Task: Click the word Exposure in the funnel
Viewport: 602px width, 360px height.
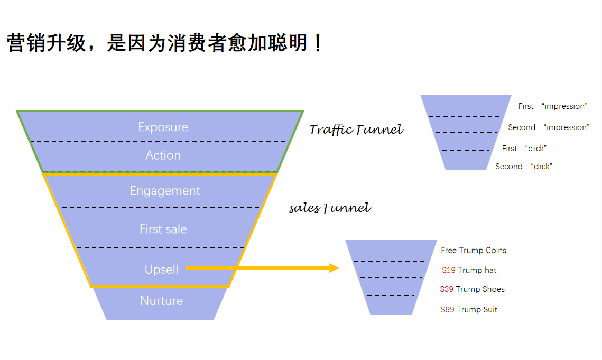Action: tap(163, 127)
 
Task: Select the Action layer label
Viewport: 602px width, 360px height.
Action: tap(163, 155)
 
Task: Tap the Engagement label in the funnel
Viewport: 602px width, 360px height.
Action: tap(165, 191)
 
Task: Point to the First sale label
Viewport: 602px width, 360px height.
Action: tap(163, 229)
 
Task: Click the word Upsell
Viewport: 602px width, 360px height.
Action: tap(161, 270)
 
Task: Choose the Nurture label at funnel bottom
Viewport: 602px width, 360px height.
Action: tap(161, 301)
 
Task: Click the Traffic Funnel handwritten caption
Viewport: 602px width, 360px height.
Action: tap(356, 130)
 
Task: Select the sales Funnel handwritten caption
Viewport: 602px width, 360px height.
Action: tap(330, 208)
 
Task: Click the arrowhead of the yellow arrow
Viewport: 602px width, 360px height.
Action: tap(334, 268)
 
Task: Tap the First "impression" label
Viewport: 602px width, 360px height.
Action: tap(552, 106)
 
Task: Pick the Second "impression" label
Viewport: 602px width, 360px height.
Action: tap(548, 127)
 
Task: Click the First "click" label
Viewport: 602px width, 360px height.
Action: tap(524, 149)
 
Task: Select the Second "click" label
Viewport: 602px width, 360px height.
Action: tap(523, 167)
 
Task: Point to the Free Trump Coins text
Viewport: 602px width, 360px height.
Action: tap(474, 251)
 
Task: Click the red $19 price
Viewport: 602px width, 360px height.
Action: tap(449, 270)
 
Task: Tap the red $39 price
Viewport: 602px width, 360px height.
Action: tap(447, 289)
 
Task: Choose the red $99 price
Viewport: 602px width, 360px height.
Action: tap(448, 310)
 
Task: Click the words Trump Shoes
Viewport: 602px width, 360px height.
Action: tap(480, 289)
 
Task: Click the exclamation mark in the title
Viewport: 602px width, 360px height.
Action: tap(317, 43)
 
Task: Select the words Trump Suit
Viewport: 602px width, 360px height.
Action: tap(477, 310)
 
